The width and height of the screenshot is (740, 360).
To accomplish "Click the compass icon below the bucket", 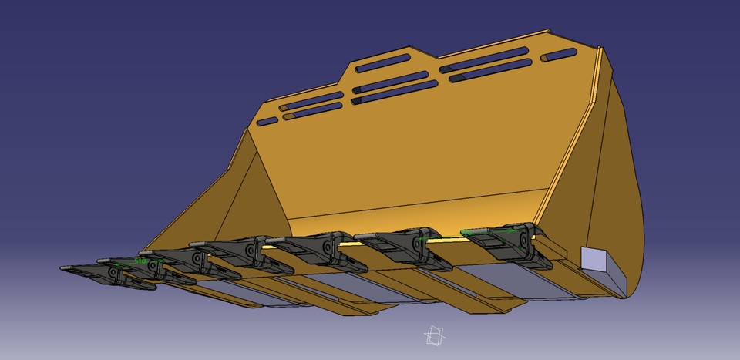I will (434, 336).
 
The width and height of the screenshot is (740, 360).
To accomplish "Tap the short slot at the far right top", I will (560, 54).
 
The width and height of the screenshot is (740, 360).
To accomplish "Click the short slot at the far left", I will (267, 122).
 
